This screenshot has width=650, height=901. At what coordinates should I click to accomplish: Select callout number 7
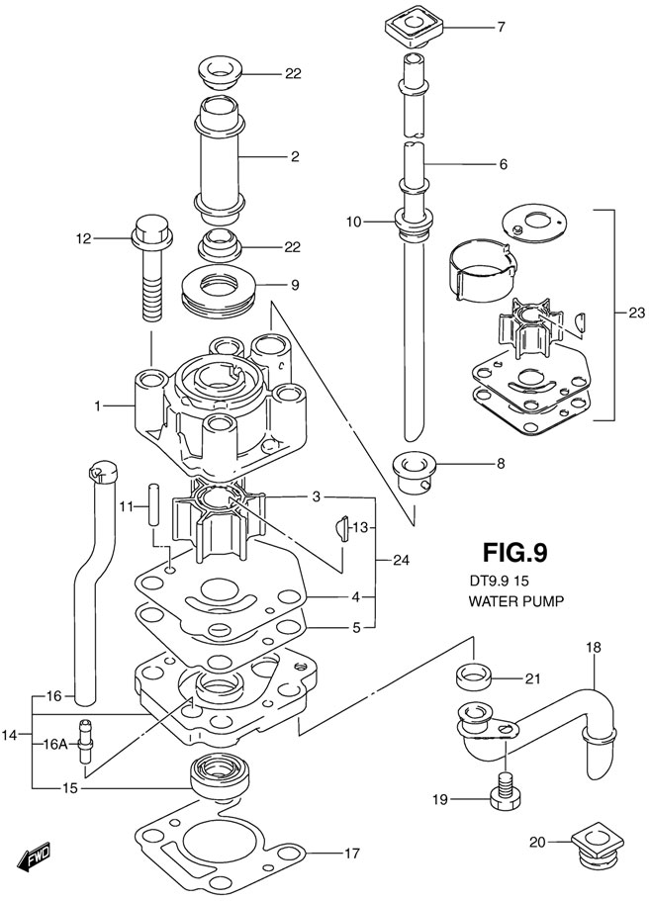coord(501,28)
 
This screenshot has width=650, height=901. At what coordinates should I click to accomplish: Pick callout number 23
coord(636,313)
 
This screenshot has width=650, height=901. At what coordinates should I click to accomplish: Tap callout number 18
coord(593,647)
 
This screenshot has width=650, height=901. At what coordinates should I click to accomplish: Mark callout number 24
coord(399,561)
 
